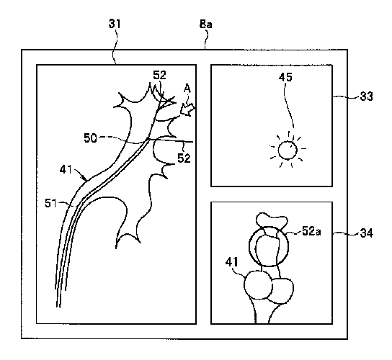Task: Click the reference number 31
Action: [115, 24]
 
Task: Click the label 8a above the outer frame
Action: [206, 24]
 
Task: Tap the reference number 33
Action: [366, 96]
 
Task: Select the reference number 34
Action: [367, 233]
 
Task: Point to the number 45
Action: [285, 77]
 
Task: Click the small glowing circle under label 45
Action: [288, 150]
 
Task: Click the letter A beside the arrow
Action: [187, 89]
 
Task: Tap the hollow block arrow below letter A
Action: [187, 109]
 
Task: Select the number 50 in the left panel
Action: [90, 138]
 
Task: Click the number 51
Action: [50, 203]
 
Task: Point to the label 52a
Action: [311, 231]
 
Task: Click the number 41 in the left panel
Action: [66, 170]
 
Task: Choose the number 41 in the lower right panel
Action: [232, 262]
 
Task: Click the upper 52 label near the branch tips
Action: [159, 75]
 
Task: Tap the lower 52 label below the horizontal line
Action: [184, 158]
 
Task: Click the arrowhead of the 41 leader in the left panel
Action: [85, 179]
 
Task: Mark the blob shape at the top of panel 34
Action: [272, 221]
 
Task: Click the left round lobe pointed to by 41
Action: [258, 285]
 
